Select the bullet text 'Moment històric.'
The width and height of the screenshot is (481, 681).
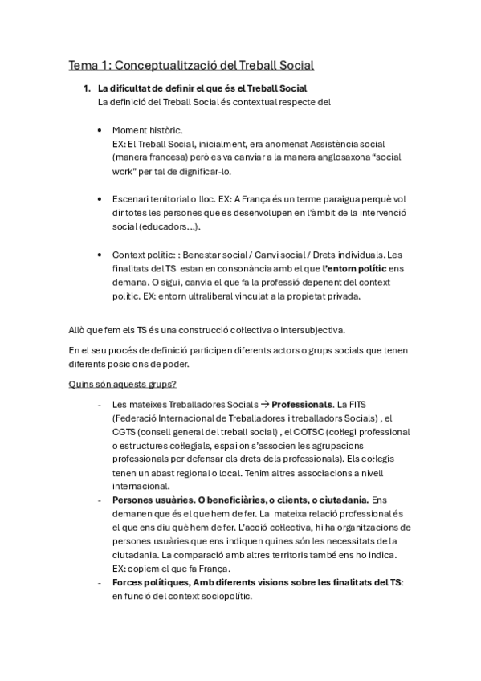tap(147, 130)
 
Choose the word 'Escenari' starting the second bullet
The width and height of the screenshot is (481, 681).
tap(132, 198)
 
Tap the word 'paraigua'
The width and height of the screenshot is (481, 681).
tap(349, 198)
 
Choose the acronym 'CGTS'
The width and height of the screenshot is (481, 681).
tap(125, 431)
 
